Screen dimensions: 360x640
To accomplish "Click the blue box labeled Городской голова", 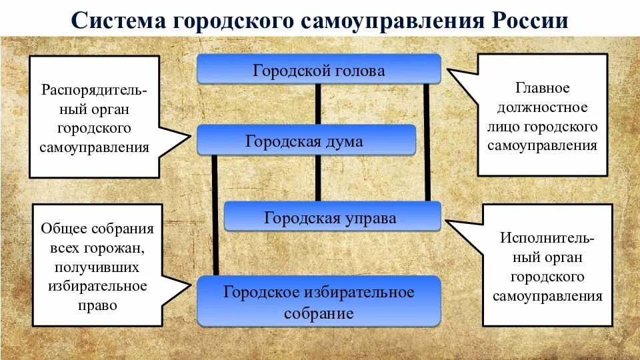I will coord(319,69).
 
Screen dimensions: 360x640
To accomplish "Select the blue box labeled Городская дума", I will coord(306,141).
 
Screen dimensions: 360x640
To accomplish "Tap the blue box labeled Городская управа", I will coord(332,217).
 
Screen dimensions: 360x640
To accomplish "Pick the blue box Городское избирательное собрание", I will coord(319,302).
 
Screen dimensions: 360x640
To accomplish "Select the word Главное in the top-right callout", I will coord(542,87).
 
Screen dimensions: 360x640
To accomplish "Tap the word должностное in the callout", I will coord(542,107).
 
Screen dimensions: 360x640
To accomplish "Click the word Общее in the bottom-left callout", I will coord(67,228).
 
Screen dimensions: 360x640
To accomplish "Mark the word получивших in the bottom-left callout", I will coord(97,267).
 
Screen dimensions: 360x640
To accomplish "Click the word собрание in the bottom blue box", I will coord(319,313).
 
